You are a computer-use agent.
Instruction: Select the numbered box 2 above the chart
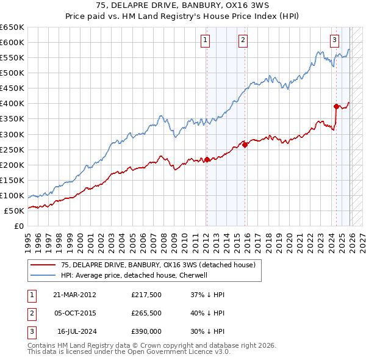[243, 41]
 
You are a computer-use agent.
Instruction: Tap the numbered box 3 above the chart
[335, 41]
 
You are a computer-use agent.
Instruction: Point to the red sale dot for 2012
[207, 159]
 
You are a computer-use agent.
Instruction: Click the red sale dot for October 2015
[245, 145]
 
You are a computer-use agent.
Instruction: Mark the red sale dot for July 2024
[336, 106]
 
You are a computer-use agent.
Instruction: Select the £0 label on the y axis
[20, 226]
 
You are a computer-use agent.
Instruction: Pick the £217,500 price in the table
[146, 295]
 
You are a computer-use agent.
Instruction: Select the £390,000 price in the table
[146, 331]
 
